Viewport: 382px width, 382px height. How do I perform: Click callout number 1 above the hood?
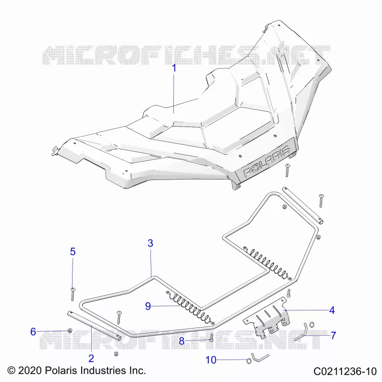click(x=174, y=68)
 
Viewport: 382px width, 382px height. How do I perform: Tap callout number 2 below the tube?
click(x=91, y=359)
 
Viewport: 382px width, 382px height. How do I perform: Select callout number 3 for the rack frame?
click(x=150, y=243)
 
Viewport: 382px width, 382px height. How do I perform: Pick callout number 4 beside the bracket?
click(x=332, y=310)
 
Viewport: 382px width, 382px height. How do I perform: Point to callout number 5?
click(x=73, y=252)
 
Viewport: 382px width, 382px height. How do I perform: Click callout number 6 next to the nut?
click(x=33, y=331)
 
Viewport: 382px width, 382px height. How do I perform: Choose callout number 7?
click(x=333, y=336)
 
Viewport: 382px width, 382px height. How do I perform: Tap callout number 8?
click(x=181, y=341)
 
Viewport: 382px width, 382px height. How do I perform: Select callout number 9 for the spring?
click(x=148, y=306)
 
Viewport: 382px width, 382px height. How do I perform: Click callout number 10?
click(x=211, y=360)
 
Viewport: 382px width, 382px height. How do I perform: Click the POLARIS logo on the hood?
click(x=267, y=161)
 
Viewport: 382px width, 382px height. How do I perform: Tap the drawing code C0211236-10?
click(x=345, y=371)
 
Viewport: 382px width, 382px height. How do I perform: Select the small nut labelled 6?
click(x=70, y=330)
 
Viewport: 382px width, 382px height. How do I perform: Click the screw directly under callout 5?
click(x=73, y=294)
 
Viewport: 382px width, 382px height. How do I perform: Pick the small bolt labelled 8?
click(x=211, y=338)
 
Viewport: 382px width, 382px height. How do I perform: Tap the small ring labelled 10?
click(x=249, y=361)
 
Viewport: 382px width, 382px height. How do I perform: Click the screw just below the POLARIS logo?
click(x=287, y=170)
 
